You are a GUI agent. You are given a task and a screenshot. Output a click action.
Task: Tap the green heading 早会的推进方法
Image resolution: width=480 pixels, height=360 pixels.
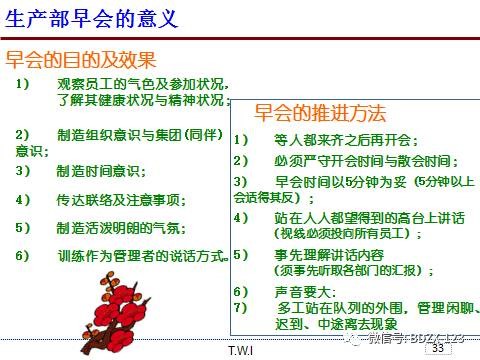319,112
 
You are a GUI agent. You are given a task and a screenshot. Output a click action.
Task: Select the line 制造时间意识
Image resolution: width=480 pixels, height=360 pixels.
105,171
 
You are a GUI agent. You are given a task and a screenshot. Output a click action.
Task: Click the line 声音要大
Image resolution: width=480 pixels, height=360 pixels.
299,292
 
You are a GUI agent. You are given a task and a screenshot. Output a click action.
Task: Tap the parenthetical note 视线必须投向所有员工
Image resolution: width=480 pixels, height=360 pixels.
335,234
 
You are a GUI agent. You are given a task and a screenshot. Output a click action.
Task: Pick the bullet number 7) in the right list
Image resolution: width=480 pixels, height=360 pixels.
240,306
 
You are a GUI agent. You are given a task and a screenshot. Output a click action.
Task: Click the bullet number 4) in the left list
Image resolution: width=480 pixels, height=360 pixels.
23,199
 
